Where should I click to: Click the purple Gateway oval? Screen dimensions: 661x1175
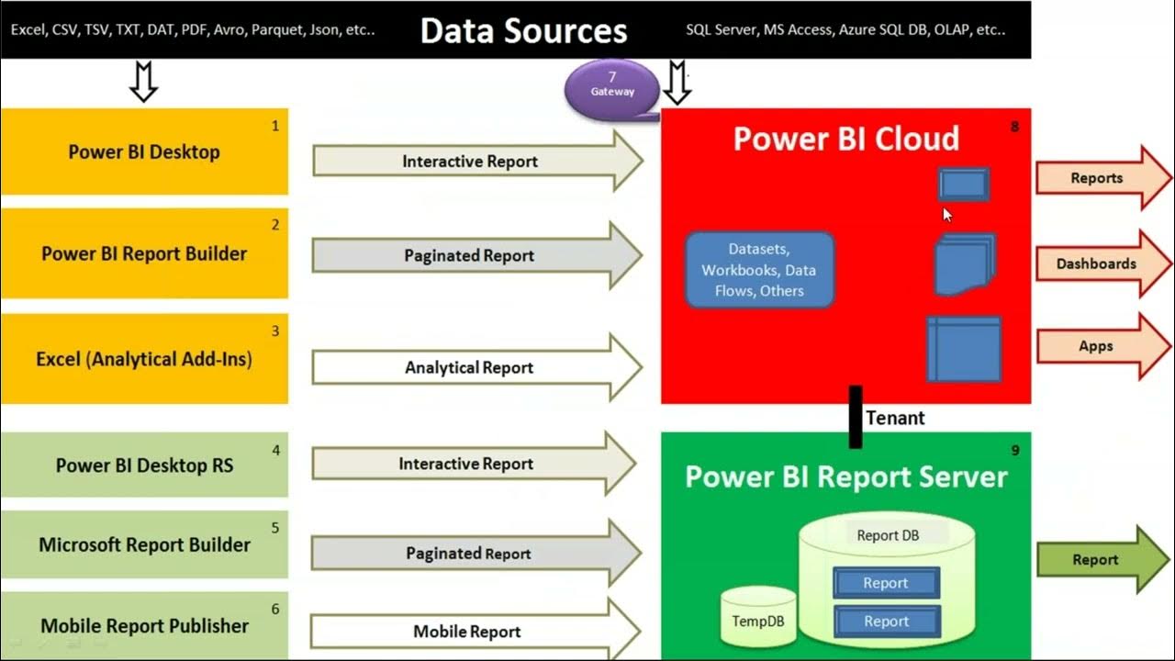tap(612, 90)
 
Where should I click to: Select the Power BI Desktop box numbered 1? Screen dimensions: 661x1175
tap(144, 151)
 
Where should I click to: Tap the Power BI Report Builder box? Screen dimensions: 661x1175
tap(144, 253)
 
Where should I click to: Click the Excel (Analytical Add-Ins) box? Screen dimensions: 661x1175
tap(144, 359)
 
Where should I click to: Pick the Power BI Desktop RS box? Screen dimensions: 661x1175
tap(144, 465)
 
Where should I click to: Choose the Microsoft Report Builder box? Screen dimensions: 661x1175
tap(144, 544)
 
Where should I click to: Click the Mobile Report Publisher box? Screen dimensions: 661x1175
tap(144, 625)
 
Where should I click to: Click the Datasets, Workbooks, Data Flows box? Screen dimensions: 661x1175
tap(759, 270)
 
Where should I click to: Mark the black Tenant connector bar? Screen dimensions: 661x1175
tap(856, 417)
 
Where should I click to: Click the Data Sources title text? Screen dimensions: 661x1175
tap(523, 30)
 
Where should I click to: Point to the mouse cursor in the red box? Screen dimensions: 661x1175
tap(947, 214)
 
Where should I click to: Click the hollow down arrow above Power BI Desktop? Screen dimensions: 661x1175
tap(143, 82)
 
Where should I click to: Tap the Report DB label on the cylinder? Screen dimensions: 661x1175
tap(887, 535)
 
